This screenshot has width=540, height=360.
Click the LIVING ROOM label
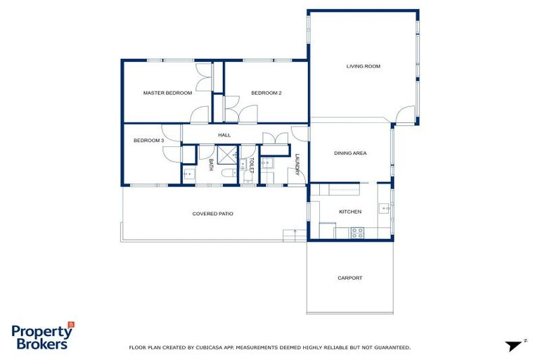(363, 66)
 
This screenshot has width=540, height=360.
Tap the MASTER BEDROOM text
(167, 93)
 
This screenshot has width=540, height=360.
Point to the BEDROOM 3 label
(148, 141)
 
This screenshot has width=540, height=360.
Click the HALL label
(224, 135)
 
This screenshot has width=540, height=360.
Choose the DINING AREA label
(350, 153)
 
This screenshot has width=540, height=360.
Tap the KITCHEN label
(350, 212)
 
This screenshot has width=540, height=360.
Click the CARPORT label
(349, 278)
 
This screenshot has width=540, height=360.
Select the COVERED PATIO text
(213, 213)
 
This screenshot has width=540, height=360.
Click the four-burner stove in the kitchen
(356, 232)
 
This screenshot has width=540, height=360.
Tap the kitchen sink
(384, 208)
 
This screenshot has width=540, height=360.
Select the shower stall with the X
(226, 154)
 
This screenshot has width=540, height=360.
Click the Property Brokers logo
(42, 336)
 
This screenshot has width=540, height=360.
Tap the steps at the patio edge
(290, 234)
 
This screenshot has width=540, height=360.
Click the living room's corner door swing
(405, 115)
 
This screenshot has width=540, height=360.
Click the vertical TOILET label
(250, 166)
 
